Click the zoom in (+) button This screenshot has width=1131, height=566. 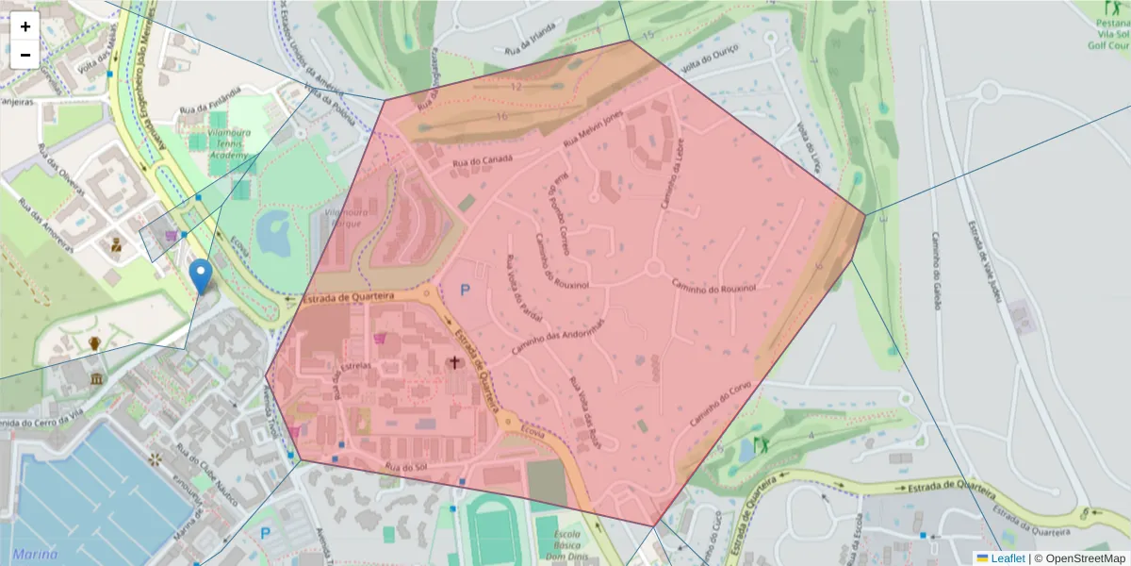coord(25,26)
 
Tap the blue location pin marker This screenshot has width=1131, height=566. coord(200,275)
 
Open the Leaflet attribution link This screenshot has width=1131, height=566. coord(1008,558)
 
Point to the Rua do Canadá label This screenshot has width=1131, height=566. coord(482,162)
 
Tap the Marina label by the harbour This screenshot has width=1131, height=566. coord(31,553)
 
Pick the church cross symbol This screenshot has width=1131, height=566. coord(454,362)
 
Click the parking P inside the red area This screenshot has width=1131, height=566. coord(464,291)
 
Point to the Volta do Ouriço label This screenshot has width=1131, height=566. coord(710,59)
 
